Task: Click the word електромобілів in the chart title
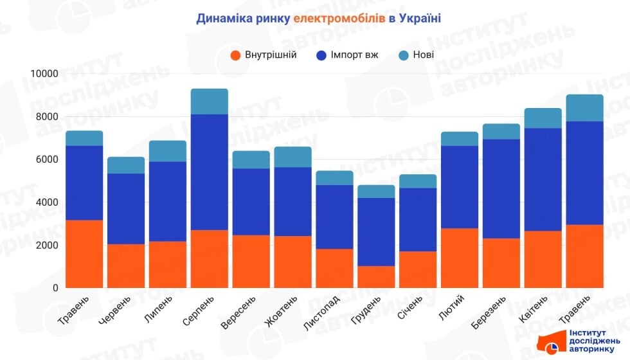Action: [x=339, y=18]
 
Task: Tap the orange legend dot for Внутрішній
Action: [x=235, y=55]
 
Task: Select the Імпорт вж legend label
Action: [x=354, y=55]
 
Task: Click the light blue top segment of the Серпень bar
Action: [x=210, y=102]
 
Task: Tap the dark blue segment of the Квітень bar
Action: [x=544, y=179]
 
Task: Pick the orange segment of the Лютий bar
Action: [x=460, y=258]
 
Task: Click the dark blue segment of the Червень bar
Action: [x=126, y=209]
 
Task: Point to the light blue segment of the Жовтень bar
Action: [x=293, y=157]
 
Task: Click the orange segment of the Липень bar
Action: [x=168, y=264]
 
